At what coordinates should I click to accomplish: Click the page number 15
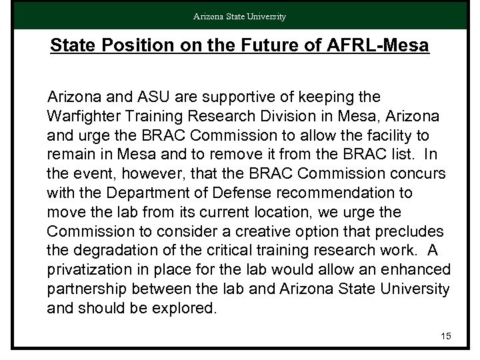point(446,336)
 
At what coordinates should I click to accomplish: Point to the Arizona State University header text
point(240,17)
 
